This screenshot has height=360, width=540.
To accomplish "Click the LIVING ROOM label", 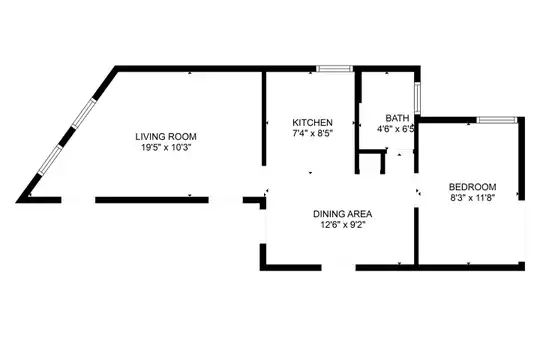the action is pyautogui.click(x=166, y=137).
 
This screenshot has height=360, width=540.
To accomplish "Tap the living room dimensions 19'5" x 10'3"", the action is pyautogui.click(x=166, y=148).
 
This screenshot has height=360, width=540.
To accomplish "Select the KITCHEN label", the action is pyautogui.click(x=312, y=122).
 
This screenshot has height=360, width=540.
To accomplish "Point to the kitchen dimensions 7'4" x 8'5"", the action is pyautogui.click(x=312, y=133).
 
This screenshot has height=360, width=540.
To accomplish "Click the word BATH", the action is pyautogui.click(x=397, y=118).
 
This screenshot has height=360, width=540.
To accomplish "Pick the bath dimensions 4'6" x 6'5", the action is pyautogui.click(x=395, y=129).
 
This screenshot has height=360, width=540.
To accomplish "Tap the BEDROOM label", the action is pyautogui.click(x=472, y=187).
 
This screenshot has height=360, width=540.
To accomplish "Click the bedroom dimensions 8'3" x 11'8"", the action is pyautogui.click(x=472, y=198).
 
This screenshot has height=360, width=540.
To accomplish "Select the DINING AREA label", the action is pyautogui.click(x=342, y=214).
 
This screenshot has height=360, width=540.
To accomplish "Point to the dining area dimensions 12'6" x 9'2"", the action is pyautogui.click(x=342, y=225).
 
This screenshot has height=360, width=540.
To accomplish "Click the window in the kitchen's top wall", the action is pyautogui.click(x=335, y=69).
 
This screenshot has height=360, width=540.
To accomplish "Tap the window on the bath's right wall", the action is pyautogui.click(x=417, y=98).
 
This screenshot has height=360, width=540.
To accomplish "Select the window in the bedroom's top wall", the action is pyautogui.click(x=497, y=120).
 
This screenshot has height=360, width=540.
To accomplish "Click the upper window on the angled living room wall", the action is pyautogui.click(x=84, y=113).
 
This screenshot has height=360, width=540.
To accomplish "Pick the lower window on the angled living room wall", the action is pyautogui.click(x=50, y=160).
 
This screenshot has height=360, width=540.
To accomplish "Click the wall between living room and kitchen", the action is pyautogui.click(x=264, y=119).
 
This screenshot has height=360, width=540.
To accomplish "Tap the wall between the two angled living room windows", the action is pyautogui.click(x=67, y=137).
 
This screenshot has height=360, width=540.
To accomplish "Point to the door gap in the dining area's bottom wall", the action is pyautogui.click(x=339, y=268).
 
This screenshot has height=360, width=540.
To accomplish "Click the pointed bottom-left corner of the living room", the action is pyautogui.click(x=17, y=202).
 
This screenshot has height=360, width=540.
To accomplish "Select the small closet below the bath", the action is pyautogui.click(x=371, y=163).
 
